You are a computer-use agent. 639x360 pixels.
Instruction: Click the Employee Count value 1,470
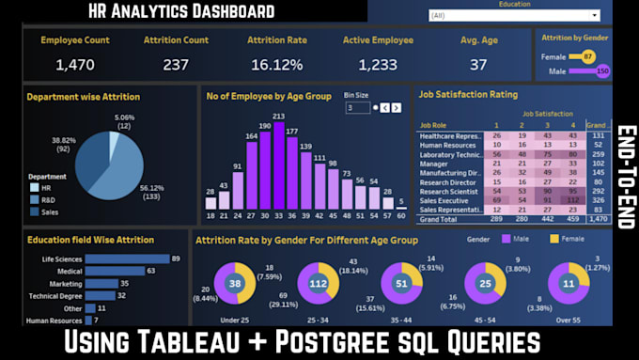74,65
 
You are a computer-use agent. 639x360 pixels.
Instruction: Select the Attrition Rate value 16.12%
276,65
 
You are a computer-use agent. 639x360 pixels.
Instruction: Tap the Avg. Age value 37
478,65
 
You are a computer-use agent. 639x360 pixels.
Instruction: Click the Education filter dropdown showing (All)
526,16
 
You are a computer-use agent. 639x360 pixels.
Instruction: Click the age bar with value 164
252,175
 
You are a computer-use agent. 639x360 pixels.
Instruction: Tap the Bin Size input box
357,107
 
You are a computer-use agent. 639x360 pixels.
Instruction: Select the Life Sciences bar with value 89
128,258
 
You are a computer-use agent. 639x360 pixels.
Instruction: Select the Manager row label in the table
436,163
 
